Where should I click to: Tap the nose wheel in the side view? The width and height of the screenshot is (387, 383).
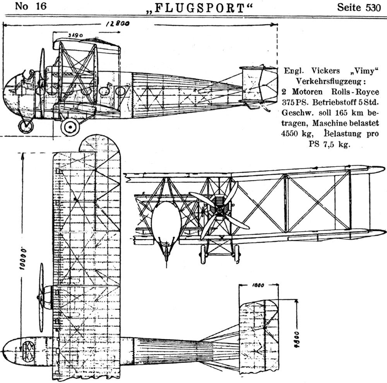coord(26,126)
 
